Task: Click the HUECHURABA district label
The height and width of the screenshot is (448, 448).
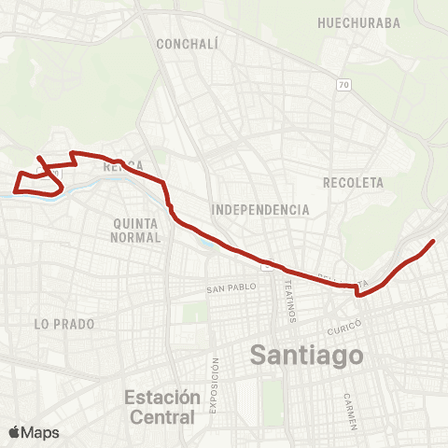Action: coord(359,22)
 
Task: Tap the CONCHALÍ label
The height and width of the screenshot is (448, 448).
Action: coord(187,44)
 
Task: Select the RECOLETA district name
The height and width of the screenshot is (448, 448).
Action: coord(353,182)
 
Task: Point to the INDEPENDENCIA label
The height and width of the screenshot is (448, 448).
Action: coord(260,210)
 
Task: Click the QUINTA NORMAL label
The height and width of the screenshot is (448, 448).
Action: coord(136,231)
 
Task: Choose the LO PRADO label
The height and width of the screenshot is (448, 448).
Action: coord(53,324)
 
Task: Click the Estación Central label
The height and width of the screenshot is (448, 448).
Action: coord(161,407)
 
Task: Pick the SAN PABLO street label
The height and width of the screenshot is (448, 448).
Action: coord(231,289)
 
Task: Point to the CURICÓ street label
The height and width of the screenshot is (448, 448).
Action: coord(344,329)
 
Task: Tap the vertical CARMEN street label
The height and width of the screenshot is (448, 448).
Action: coord(349,411)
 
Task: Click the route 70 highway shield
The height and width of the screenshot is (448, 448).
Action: coord(343,85)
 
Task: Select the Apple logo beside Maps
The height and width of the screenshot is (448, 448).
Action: coord(15,432)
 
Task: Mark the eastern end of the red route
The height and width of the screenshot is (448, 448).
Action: coord(434,242)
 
